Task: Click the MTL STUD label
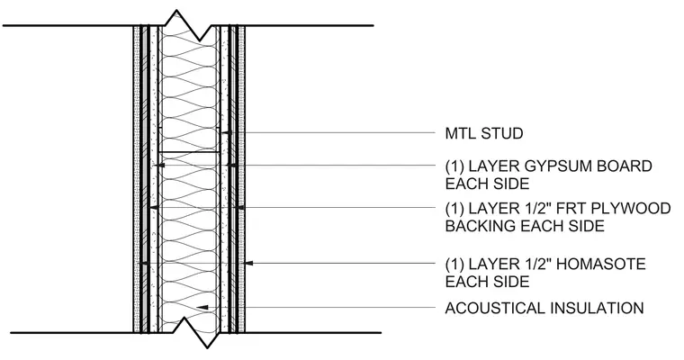484,133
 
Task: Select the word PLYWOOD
631,209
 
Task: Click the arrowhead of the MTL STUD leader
225,132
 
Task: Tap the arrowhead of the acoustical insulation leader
202,308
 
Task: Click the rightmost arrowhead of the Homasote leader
249,263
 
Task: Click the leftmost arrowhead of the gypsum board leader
160,166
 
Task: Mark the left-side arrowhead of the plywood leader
153,208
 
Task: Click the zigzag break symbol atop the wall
189,24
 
